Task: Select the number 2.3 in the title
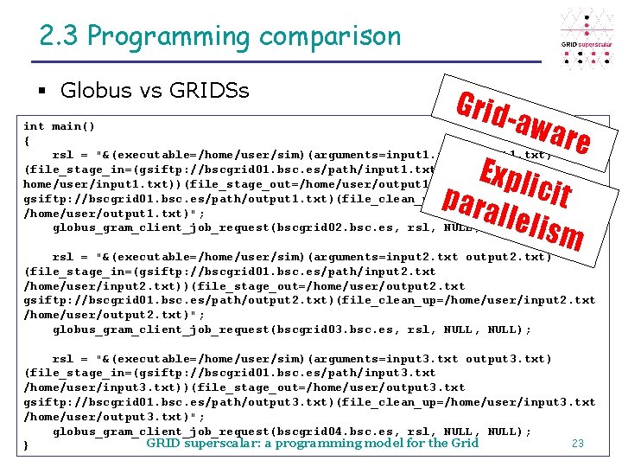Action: (60, 36)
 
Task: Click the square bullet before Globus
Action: (42, 90)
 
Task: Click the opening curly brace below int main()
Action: (28, 141)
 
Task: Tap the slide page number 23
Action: (578, 444)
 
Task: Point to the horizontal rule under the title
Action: (285, 61)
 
